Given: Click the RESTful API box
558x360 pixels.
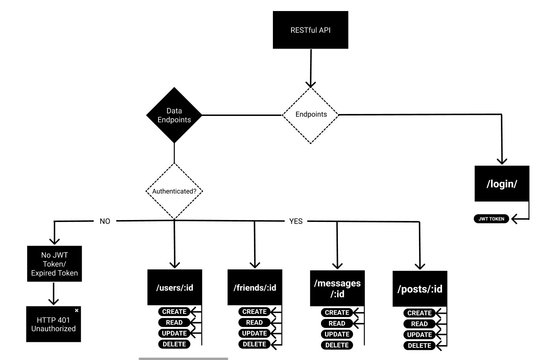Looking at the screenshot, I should click(x=310, y=30).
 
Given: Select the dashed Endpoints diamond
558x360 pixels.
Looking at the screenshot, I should click(x=311, y=115).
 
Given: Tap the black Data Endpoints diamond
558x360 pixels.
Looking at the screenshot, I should click(x=174, y=115).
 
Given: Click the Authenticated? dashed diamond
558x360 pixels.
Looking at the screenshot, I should click(x=174, y=191).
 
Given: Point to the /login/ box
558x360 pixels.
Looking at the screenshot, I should click(x=502, y=184).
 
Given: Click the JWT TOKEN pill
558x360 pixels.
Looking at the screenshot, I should click(x=491, y=219).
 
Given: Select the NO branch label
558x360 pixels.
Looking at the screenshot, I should click(x=105, y=221).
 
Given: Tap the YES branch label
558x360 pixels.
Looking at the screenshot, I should click(x=296, y=221).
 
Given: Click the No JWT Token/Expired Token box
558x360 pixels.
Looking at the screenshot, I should click(x=54, y=264).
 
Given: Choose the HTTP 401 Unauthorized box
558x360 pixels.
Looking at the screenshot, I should click(x=53, y=324).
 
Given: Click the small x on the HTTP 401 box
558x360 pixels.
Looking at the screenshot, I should click(x=77, y=310).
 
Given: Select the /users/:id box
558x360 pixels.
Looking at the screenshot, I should click(x=175, y=287).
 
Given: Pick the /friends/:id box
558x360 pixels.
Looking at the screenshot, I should click(x=255, y=287).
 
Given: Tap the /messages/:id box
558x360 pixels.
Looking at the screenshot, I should click(x=337, y=288).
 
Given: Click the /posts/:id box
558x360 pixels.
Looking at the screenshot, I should click(x=420, y=289).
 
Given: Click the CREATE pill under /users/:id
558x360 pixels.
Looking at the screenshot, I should click(x=174, y=312).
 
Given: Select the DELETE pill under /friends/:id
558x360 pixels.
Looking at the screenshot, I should click(x=254, y=344).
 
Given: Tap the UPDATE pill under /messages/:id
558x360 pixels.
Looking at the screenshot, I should click(x=337, y=334).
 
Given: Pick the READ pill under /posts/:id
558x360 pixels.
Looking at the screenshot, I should click(x=419, y=324).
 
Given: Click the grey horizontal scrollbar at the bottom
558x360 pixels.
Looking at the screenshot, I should click(x=183, y=358).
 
